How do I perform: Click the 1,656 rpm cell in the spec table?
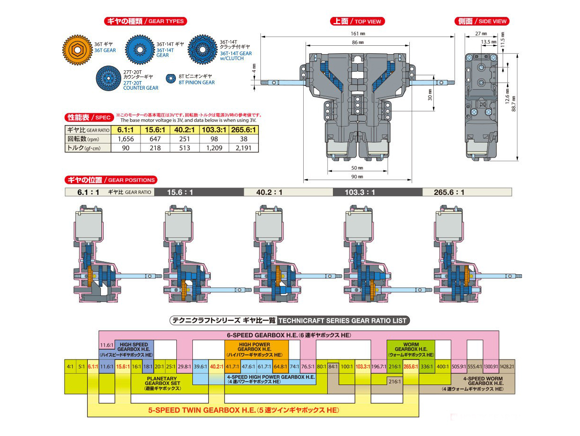[x=126, y=139]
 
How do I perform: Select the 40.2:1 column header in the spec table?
[x=184, y=130]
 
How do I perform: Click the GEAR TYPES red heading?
[x=144, y=21]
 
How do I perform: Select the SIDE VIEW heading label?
[x=481, y=21]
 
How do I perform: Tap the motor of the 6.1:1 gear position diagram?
[x=89, y=225]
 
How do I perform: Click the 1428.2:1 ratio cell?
[x=507, y=366]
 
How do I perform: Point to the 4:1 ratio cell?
[x=70, y=366]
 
